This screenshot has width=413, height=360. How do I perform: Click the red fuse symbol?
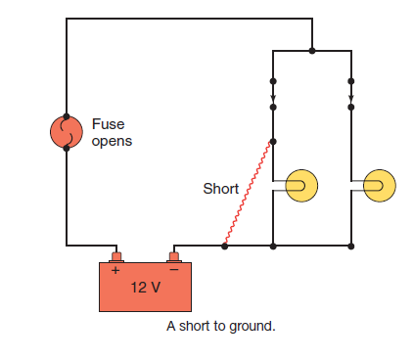coord(67,132)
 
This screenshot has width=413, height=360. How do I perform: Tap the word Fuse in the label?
coord(108,124)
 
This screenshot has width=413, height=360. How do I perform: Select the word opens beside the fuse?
coord(112,142)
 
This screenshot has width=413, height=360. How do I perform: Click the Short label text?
coord(221,189)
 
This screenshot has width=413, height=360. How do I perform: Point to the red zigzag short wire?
coord(247,193)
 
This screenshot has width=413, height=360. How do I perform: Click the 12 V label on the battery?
coord(146,288)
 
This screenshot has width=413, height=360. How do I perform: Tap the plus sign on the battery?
coord(115,270)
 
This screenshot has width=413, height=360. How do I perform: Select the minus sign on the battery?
coord(174,270)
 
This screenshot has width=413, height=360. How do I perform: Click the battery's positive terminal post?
coord(116,257)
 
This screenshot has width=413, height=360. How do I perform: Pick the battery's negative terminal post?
coord(174,257)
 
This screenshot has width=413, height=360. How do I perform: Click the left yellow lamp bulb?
coord(301,186)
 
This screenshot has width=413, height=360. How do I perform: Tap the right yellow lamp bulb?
coord(380,186)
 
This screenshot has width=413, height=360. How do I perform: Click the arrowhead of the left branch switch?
coord(273,98)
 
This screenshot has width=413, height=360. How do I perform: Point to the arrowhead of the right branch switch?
coord(351,98)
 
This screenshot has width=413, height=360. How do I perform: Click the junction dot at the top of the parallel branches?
coord(312,51)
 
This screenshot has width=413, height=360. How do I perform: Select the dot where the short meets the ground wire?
coord(224,247)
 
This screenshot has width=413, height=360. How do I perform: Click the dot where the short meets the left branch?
coord(273,142)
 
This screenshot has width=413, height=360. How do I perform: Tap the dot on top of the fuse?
coord(67,116)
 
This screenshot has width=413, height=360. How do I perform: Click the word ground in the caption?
coord(252,327)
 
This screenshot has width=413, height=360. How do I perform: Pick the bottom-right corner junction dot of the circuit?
coord(351,247)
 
